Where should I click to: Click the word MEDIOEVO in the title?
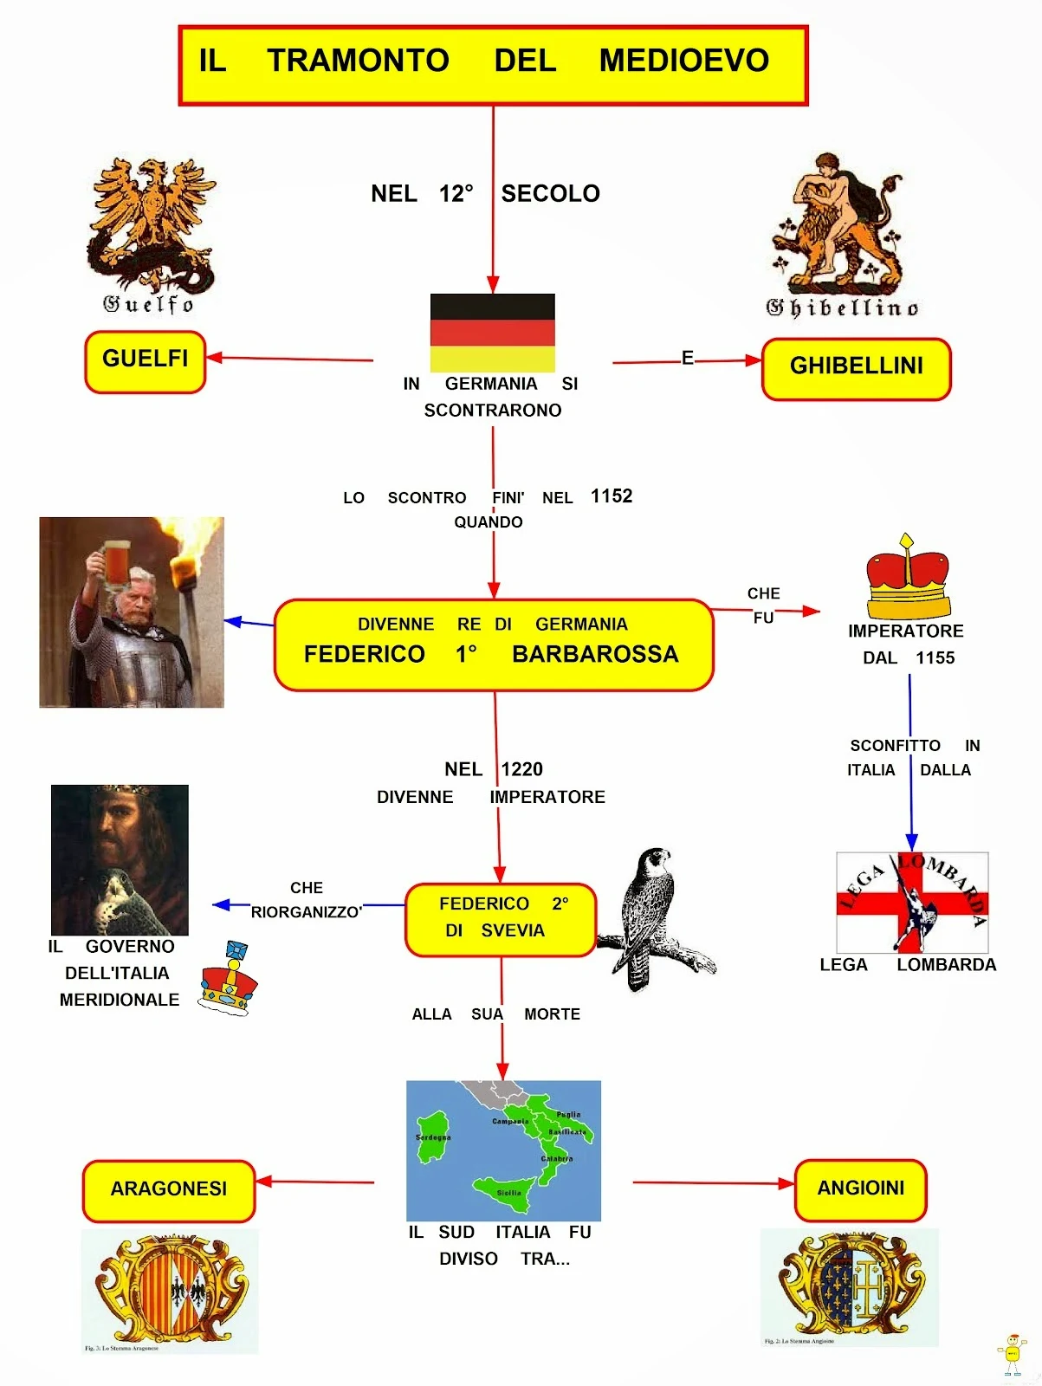click(683, 61)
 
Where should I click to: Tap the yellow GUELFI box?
click(145, 361)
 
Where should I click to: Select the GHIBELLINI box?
click(856, 368)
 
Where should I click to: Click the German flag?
click(492, 333)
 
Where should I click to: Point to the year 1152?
click(612, 496)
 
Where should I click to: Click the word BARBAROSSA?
click(595, 654)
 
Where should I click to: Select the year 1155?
click(935, 658)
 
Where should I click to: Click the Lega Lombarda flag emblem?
click(911, 902)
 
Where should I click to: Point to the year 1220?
click(521, 769)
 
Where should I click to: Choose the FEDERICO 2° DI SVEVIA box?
click(500, 919)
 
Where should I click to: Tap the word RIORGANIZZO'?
click(306, 912)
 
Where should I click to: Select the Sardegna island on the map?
click(432, 1137)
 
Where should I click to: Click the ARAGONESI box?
click(168, 1190)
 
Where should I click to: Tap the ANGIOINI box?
click(860, 1189)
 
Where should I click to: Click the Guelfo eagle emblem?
click(151, 223)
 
